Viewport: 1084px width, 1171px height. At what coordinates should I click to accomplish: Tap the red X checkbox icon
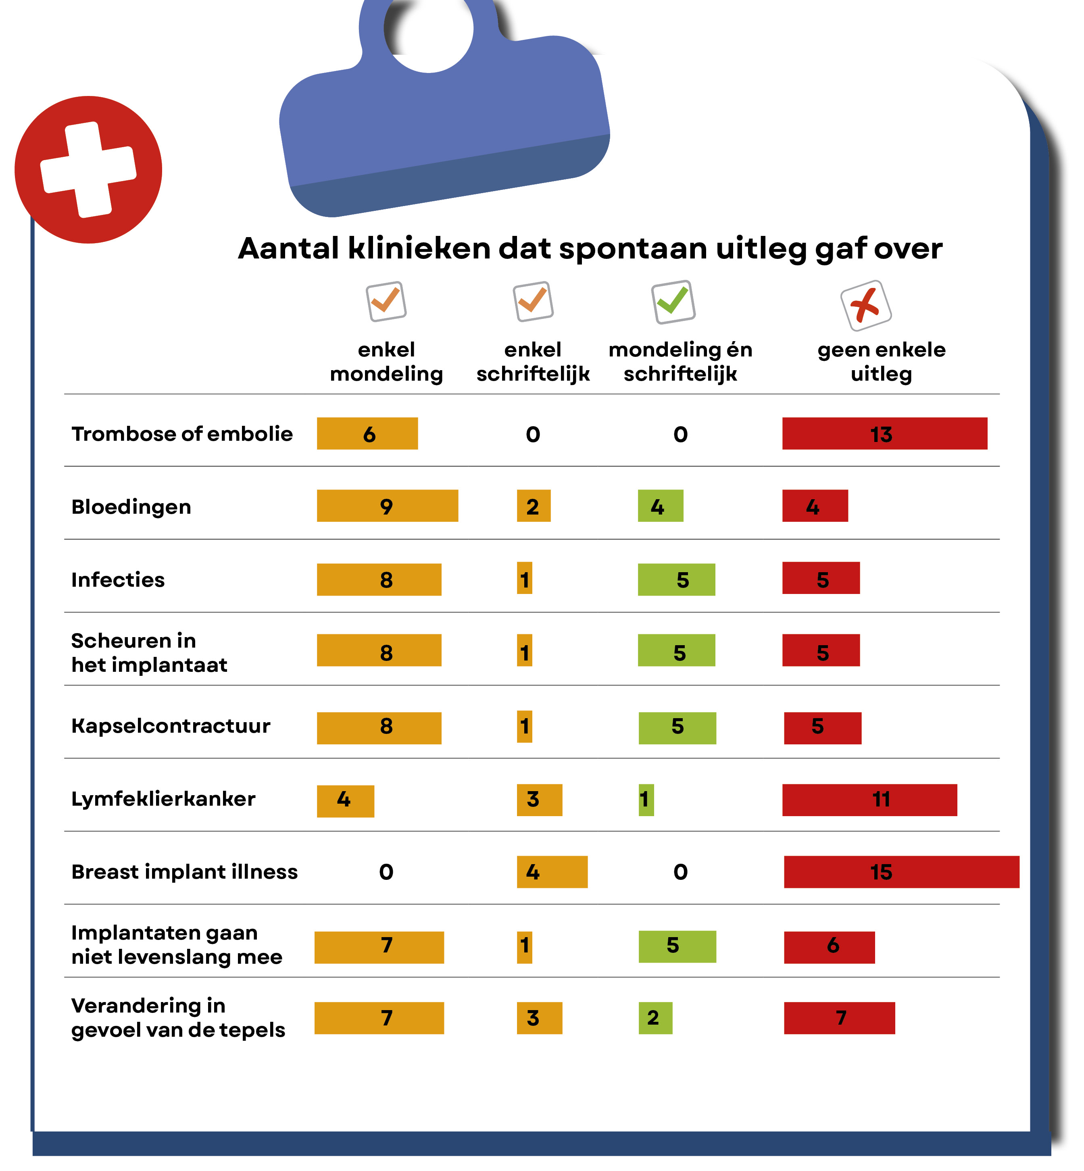point(866,305)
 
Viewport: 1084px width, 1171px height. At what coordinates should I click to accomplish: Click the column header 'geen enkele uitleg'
point(881,361)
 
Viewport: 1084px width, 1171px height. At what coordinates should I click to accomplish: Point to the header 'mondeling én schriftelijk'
point(680,361)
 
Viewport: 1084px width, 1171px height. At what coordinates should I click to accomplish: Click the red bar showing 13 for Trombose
point(884,433)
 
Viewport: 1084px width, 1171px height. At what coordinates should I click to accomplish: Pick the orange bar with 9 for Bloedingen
point(387,506)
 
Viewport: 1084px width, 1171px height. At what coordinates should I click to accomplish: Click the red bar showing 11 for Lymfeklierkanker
point(869,799)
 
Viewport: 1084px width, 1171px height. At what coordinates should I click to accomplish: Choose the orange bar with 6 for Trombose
point(367,433)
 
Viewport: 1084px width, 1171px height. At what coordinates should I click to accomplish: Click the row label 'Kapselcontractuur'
point(171,726)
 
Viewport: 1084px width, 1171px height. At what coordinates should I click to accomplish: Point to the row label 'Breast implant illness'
point(184,872)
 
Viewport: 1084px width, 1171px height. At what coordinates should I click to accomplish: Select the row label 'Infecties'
point(118,579)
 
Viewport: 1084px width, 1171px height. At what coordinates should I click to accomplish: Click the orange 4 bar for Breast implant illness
point(551,872)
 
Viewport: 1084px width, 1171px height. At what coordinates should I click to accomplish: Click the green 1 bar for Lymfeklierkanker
point(646,799)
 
